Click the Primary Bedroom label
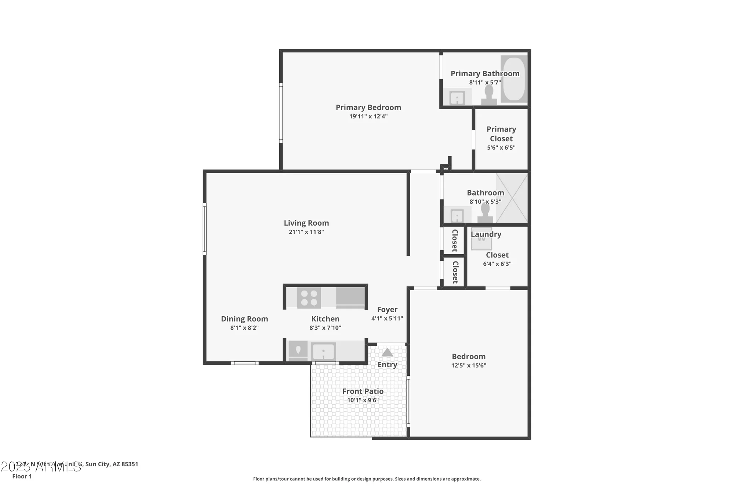click(x=368, y=107)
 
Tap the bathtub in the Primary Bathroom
click(x=513, y=79)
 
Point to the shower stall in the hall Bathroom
click(x=512, y=198)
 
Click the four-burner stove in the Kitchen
click(x=309, y=298)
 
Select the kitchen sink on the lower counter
click(x=323, y=352)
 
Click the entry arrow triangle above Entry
click(x=387, y=353)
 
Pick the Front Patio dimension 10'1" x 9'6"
click(x=363, y=400)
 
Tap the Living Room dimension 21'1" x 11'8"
click(x=306, y=232)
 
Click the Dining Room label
click(x=244, y=319)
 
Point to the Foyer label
click(x=387, y=310)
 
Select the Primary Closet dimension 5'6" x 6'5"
click(x=501, y=147)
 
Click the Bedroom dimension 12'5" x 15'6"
click(x=469, y=365)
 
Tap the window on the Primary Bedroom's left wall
click(x=281, y=113)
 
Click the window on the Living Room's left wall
click(x=205, y=229)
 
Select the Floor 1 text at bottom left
click(x=22, y=476)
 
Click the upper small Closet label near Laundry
click(x=455, y=240)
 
